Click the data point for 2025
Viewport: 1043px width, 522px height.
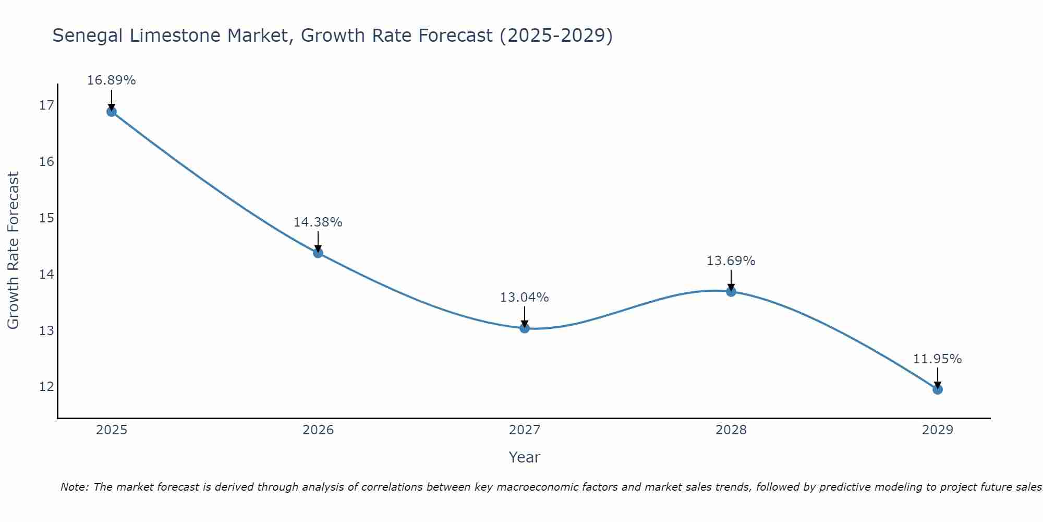point(112,111)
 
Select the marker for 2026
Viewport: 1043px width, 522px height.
point(318,253)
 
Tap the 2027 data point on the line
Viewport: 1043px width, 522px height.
point(525,328)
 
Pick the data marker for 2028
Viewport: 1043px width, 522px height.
point(731,292)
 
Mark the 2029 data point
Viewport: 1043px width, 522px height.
point(938,389)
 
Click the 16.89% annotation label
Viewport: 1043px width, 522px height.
point(111,80)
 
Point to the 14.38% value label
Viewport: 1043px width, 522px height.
point(318,222)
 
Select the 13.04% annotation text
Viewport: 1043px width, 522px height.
point(524,298)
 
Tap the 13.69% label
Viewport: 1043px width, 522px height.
point(731,261)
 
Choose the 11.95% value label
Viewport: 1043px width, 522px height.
point(937,359)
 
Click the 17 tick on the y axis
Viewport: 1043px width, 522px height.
point(46,105)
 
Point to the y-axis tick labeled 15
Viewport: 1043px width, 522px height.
point(46,218)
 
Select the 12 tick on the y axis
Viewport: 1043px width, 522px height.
point(46,387)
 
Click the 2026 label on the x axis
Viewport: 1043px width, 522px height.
point(318,430)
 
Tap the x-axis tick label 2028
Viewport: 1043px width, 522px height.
point(731,430)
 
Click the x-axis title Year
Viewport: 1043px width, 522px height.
point(524,457)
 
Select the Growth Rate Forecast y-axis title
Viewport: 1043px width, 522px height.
point(13,251)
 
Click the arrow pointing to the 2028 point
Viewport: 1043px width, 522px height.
point(731,280)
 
